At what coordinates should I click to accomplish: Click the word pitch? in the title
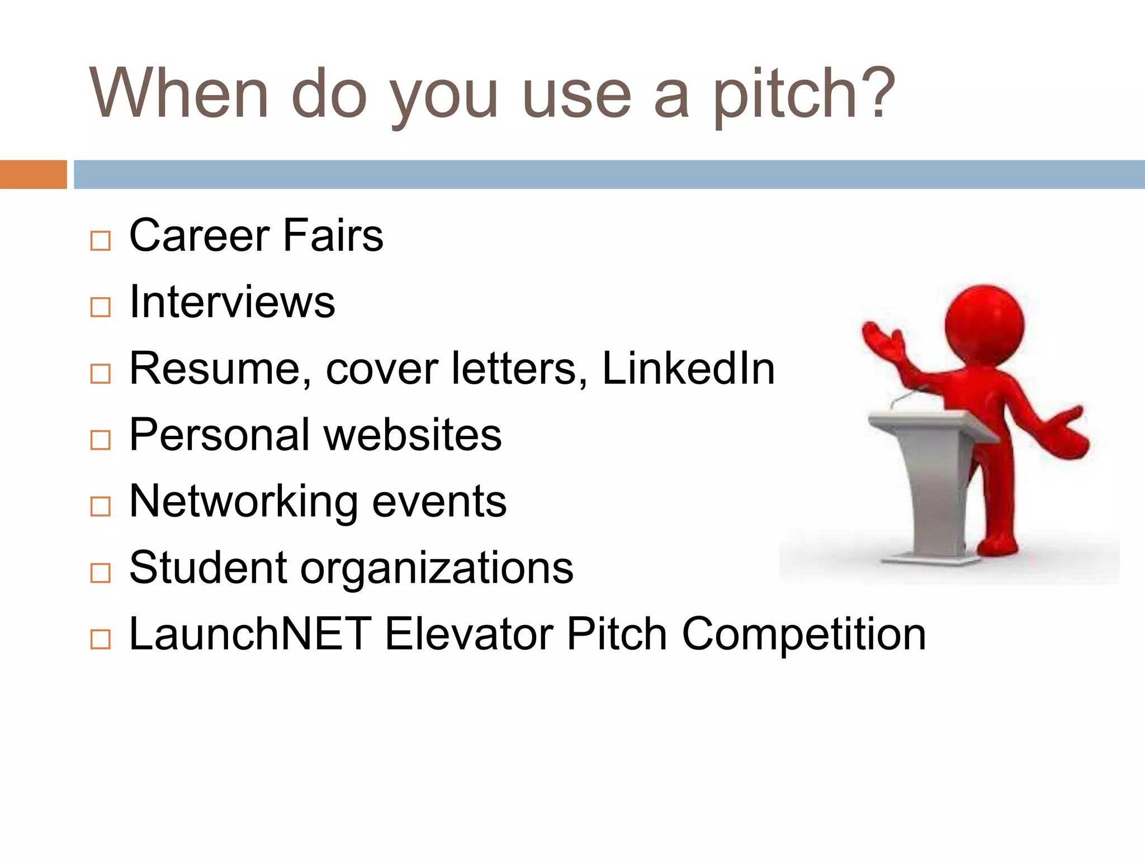tap(803, 95)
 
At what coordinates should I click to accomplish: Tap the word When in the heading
tap(179, 93)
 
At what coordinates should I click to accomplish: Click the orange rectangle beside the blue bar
tap(33, 174)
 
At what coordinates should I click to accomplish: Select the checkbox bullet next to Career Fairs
tap(101, 241)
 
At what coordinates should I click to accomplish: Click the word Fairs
tap(333, 235)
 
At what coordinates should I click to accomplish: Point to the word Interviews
tap(232, 302)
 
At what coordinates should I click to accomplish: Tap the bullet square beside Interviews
tap(101, 307)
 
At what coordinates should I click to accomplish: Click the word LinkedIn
tap(688, 369)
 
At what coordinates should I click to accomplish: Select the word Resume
tap(215, 369)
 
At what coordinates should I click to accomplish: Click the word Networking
tap(243, 502)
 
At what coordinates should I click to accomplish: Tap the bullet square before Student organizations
tap(101, 573)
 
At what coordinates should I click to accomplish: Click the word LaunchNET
tap(250, 634)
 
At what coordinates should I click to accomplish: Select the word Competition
tap(803, 634)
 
